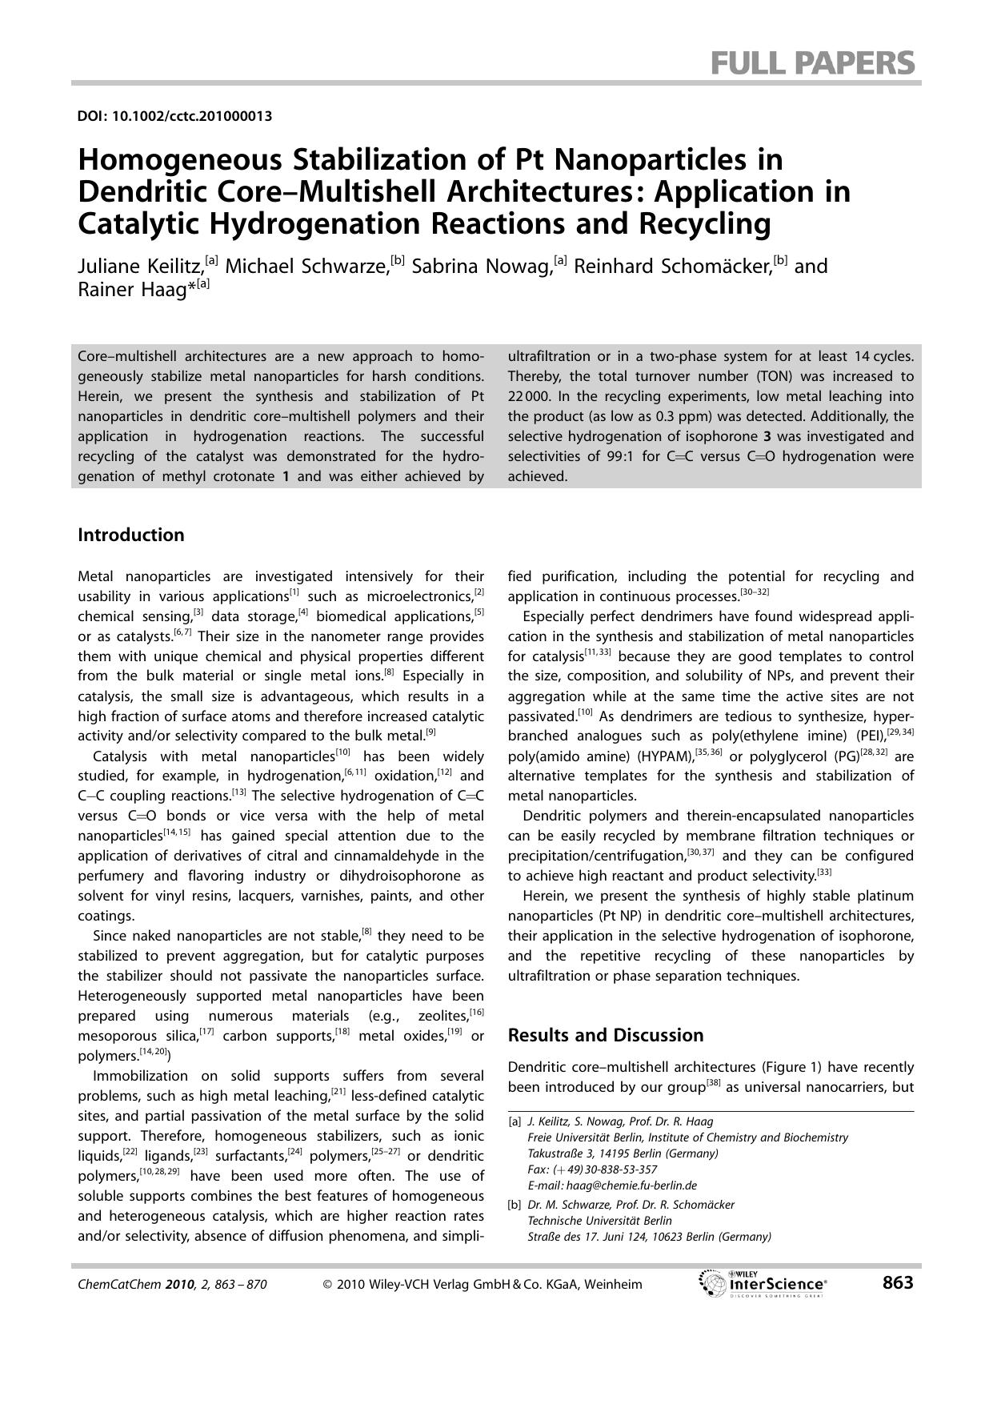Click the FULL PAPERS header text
(x=812, y=62)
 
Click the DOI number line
(x=174, y=116)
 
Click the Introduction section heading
(x=130, y=535)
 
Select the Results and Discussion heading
(x=606, y=1035)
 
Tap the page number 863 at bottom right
(x=897, y=1283)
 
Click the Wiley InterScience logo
(x=763, y=1284)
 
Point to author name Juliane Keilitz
(x=140, y=267)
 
